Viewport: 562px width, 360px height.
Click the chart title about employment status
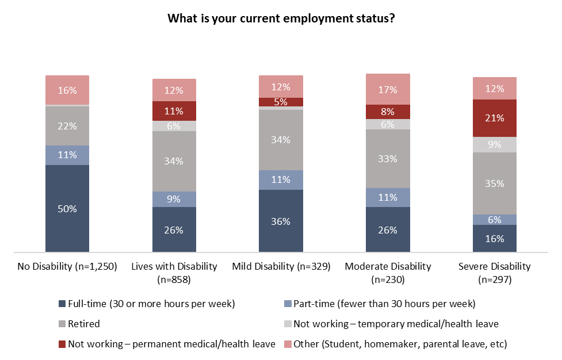(x=281, y=18)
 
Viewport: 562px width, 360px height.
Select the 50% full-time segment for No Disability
(x=67, y=208)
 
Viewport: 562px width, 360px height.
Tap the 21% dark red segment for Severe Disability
(x=495, y=118)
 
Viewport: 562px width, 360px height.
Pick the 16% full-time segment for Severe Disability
(x=495, y=238)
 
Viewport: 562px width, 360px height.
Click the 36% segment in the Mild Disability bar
(x=281, y=221)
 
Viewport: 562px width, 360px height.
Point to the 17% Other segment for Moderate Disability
(x=388, y=89)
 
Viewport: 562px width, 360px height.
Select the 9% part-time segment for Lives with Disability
(x=174, y=199)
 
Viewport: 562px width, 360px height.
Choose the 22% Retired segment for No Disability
(x=67, y=126)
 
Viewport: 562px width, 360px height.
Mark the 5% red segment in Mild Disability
(x=281, y=102)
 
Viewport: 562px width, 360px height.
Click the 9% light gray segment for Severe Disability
(x=495, y=144)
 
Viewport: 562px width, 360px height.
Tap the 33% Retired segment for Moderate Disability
(x=388, y=159)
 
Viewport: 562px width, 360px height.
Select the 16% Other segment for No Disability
(x=67, y=90)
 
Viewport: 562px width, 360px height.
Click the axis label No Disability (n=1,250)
(x=67, y=266)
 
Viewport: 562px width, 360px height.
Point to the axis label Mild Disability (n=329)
(x=281, y=266)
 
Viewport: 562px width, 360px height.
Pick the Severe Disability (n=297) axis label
(x=495, y=273)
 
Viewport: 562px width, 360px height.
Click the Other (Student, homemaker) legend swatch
(x=288, y=344)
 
